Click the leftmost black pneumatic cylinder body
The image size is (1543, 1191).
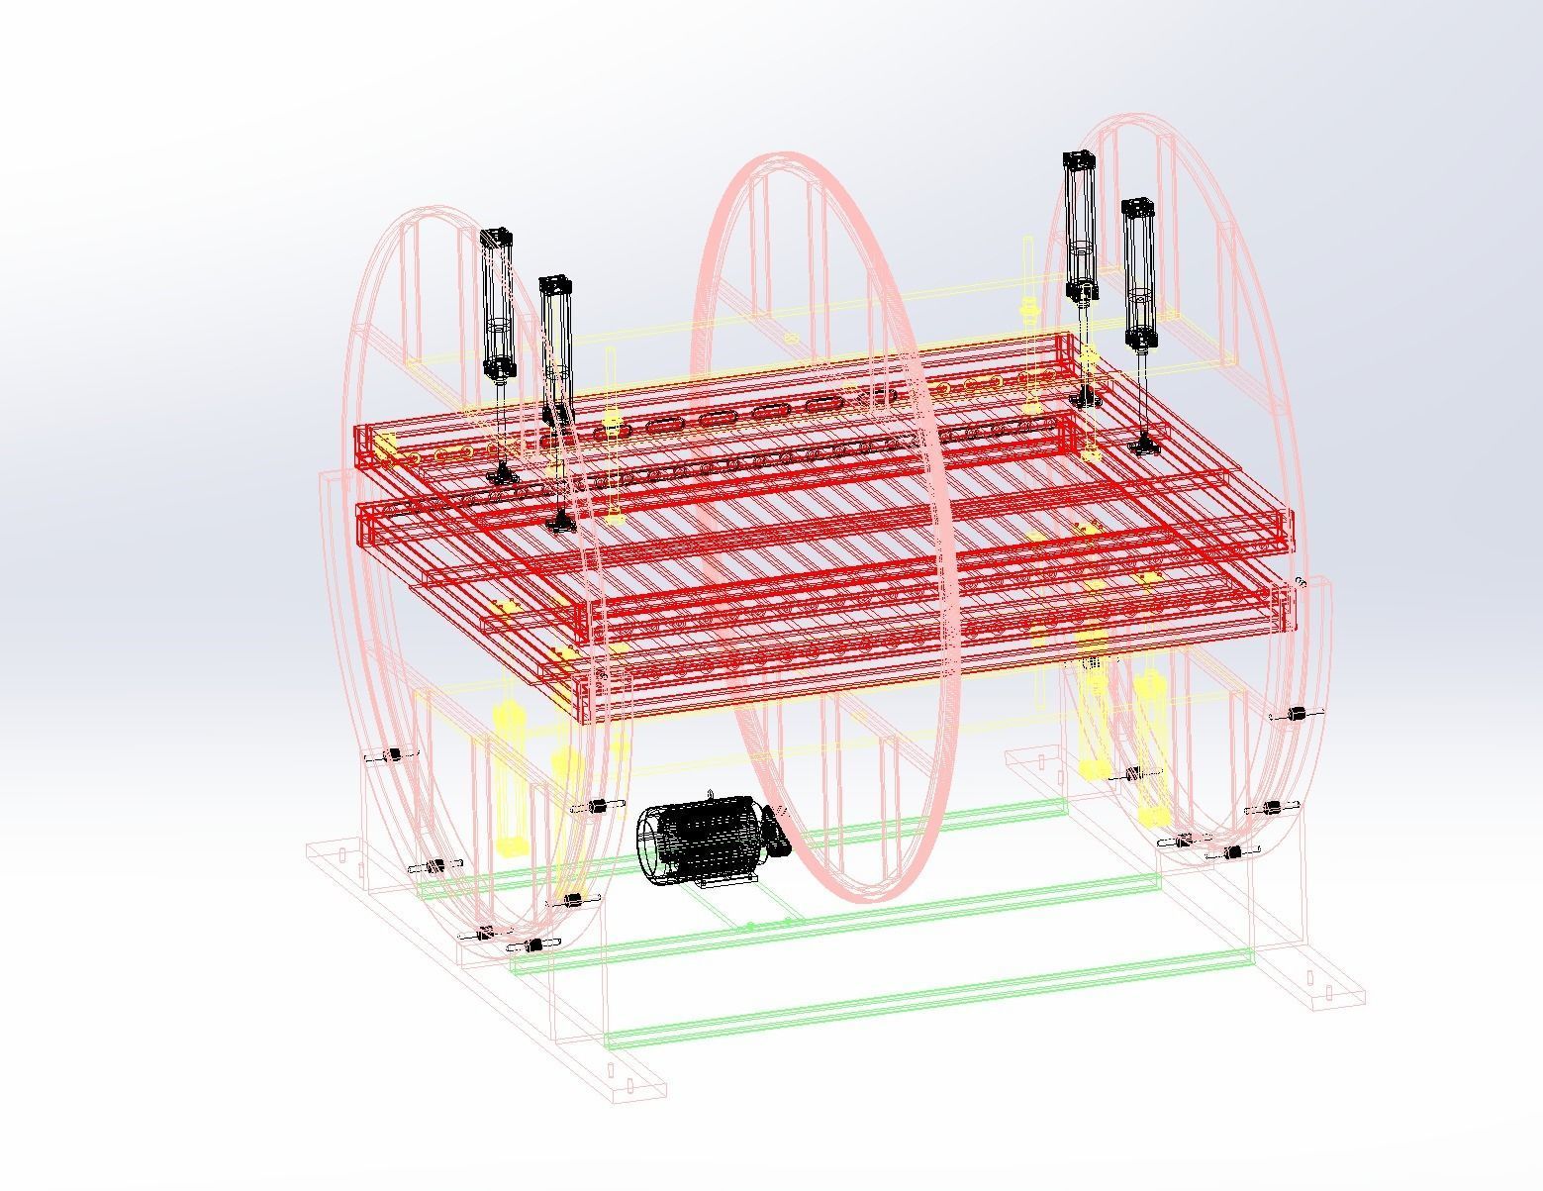pyautogui.click(x=497, y=307)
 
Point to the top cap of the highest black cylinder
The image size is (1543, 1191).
pyautogui.click(x=1078, y=159)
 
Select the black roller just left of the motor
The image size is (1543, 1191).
pyautogui.click(x=597, y=808)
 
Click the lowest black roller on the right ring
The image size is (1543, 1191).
pyautogui.click(x=1232, y=852)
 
